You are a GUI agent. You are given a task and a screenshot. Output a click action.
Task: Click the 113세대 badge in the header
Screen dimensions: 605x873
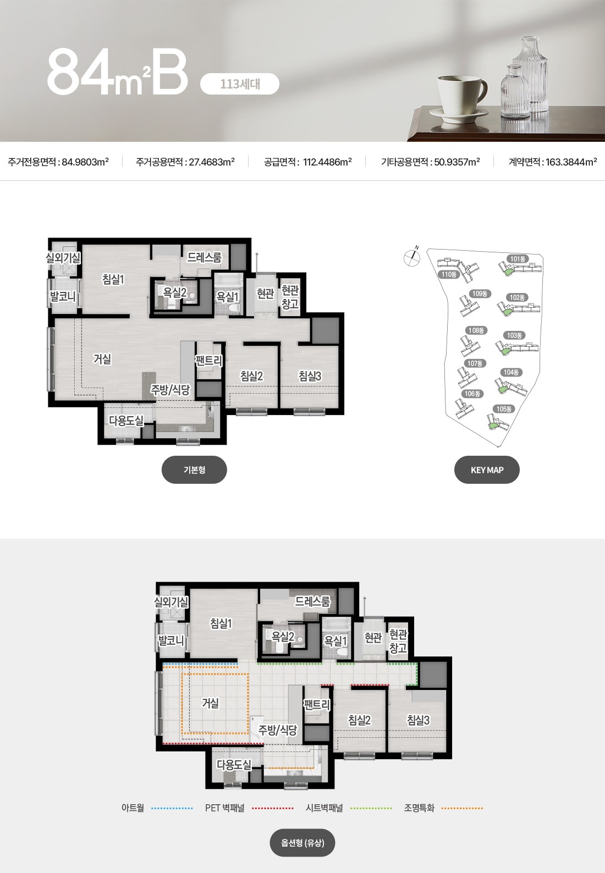240,84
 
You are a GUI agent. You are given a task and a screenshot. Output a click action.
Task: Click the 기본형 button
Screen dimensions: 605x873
194,469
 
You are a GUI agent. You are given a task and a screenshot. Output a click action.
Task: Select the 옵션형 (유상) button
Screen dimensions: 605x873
302,843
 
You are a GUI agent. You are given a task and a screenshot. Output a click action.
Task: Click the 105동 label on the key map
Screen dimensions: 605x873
504,409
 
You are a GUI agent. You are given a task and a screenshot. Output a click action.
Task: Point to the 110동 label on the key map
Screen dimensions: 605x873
449,274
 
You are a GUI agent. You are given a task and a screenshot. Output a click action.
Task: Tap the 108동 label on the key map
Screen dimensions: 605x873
476,330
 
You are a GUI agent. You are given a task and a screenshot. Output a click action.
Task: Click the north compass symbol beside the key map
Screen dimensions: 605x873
412,256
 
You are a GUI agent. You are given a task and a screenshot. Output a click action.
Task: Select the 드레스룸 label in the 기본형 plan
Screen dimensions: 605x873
204,257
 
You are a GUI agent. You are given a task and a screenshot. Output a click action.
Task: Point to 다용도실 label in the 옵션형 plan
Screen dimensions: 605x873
234,765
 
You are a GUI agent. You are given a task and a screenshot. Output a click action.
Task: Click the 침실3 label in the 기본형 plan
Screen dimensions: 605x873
310,376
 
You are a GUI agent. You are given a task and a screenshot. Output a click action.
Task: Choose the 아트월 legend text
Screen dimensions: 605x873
133,808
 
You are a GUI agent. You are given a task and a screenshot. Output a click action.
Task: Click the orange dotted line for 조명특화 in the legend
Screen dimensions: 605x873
462,808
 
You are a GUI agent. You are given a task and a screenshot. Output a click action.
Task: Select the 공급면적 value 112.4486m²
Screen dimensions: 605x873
327,162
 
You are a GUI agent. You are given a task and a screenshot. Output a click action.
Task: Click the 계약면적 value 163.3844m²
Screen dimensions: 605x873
571,162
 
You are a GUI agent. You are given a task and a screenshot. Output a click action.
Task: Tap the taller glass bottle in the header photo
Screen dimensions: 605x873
529,74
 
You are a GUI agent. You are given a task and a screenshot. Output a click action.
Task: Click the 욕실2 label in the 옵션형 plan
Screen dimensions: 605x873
283,637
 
